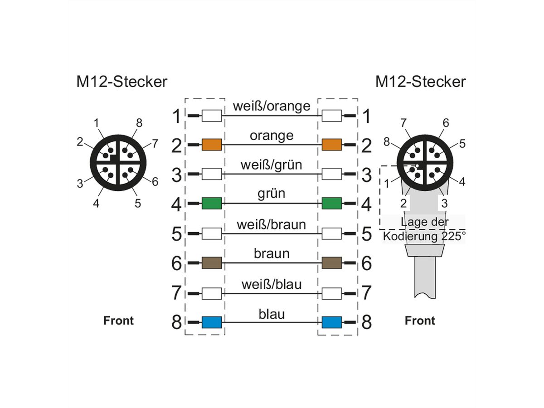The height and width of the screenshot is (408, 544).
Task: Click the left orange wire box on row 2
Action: point(211,145)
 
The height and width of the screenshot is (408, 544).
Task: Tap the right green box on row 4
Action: point(331,204)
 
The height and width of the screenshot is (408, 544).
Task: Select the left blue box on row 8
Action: point(211,322)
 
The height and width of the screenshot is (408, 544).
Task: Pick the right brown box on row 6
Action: point(331,263)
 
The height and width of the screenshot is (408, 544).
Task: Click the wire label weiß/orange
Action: point(272,106)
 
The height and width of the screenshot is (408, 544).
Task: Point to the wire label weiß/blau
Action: point(272,284)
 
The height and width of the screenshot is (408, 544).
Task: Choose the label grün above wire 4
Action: point(272,194)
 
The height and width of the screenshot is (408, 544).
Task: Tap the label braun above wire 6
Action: point(272,253)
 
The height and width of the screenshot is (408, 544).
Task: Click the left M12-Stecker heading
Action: point(121,82)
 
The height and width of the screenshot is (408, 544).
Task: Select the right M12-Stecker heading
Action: point(420,82)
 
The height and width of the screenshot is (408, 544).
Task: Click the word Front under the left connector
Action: point(119,321)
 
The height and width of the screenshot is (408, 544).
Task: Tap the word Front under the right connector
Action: point(420,321)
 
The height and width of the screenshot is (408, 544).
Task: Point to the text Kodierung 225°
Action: point(423,237)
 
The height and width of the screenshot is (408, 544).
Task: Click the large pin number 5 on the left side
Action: point(177,234)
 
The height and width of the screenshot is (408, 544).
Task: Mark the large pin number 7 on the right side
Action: point(366,293)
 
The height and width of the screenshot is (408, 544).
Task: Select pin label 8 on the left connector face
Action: point(139,122)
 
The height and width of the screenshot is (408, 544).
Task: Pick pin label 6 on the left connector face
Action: point(155,182)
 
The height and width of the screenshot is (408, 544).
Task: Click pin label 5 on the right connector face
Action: point(462,144)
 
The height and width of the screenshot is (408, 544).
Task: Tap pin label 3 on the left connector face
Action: point(80,183)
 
